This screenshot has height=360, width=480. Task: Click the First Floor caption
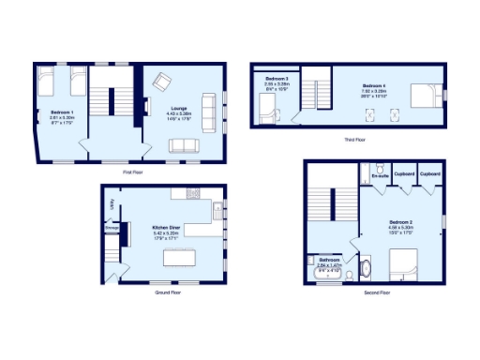click(132, 172)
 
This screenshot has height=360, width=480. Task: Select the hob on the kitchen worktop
click(192, 193)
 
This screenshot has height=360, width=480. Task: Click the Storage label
click(112, 226)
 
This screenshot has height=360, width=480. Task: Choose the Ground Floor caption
click(168, 292)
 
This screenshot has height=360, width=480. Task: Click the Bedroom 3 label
click(276, 78)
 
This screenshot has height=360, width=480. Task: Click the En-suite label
click(380, 176)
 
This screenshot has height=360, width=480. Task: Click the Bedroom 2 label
click(401, 222)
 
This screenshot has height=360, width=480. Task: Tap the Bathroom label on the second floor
click(329, 260)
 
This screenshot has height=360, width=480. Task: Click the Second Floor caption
click(377, 292)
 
